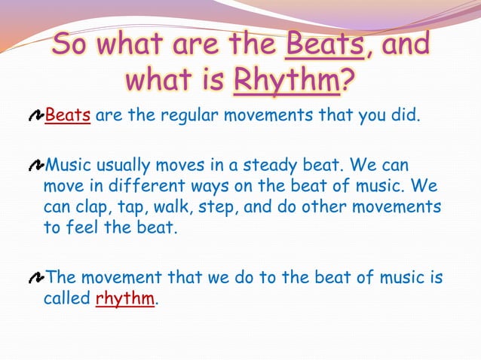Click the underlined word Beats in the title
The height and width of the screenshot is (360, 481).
[326, 45]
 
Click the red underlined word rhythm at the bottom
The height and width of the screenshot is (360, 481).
[125, 299]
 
